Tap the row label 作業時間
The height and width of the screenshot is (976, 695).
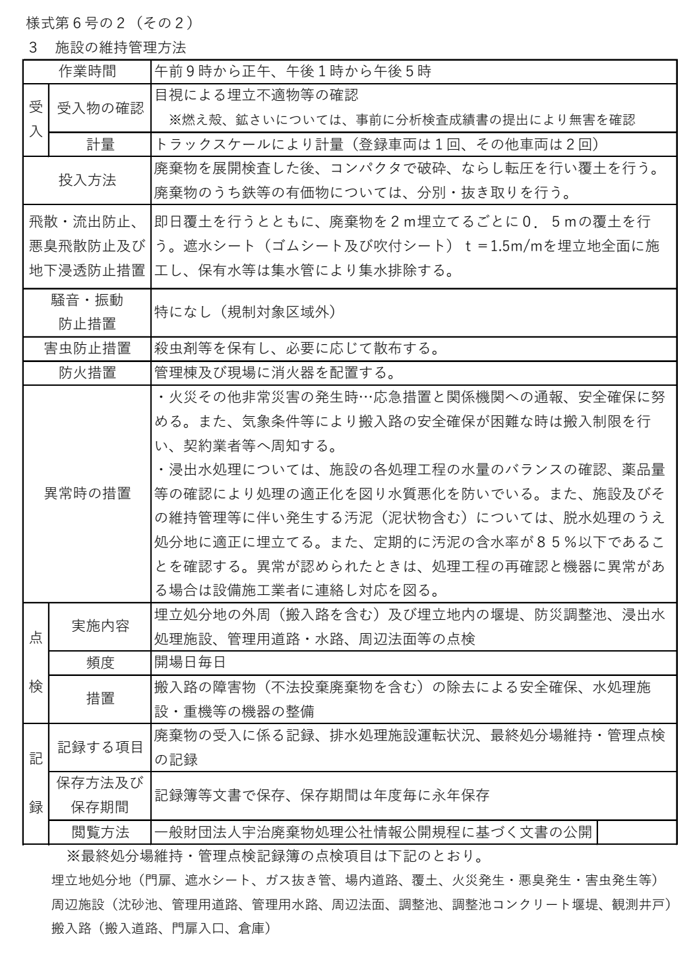(87, 71)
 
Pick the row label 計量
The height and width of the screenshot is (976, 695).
(100, 144)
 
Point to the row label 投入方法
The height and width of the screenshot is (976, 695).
(87, 180)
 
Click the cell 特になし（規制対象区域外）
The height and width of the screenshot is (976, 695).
(245, 311)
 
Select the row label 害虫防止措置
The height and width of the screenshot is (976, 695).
(87, 348)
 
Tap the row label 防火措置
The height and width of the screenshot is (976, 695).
(87, 373)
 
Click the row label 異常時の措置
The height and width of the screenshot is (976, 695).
(87, 493)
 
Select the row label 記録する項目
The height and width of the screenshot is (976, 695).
(100, 747)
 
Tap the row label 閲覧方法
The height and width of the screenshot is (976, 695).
(100, 832)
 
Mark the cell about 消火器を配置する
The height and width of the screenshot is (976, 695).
(274, 373)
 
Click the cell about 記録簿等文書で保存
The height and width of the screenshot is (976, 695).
(321, 795)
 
